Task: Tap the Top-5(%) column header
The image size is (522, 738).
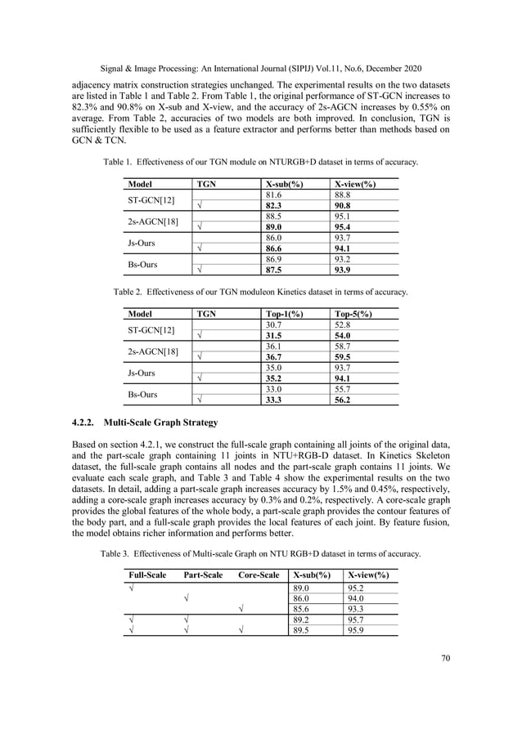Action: (353, 313)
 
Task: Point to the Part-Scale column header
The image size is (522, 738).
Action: (203, 575)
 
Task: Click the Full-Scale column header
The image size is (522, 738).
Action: (147, 575)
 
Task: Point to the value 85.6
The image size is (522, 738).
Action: (303, 606)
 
